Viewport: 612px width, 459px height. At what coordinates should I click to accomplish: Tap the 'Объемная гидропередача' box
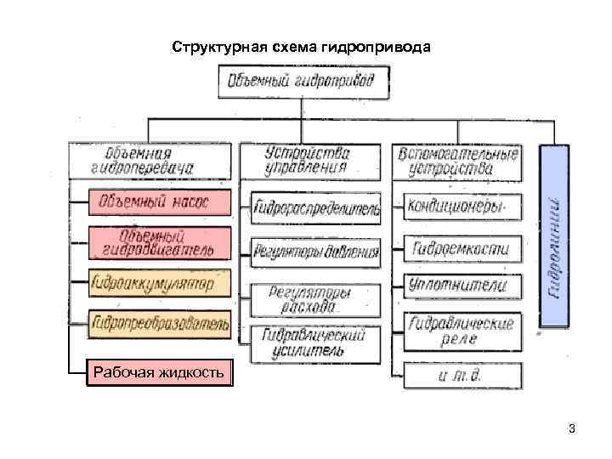pyautogui.click(x=150, y=161)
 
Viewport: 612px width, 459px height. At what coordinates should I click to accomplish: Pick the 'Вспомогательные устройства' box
pyautogui.click(x=456, y=161)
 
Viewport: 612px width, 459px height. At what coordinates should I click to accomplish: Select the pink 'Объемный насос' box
pyautogui.click(x=159, y=203)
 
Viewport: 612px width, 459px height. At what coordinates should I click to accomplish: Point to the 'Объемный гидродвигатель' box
pyautogui.click(x=159, y=242)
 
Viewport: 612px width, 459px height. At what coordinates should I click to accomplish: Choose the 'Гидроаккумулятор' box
pyautogui.click(x=159, y=281)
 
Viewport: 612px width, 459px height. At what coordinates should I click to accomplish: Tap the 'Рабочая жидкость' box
pyautogui.click(x=159, y=371)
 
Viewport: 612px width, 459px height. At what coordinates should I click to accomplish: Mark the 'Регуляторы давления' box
pyautogui.click(x=315, y=252)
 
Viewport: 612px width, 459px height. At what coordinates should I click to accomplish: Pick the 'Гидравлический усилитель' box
pyautogui.click(x=315, y=342)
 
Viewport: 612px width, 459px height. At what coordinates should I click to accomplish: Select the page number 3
pyautogui.click(x=572, y=428)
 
